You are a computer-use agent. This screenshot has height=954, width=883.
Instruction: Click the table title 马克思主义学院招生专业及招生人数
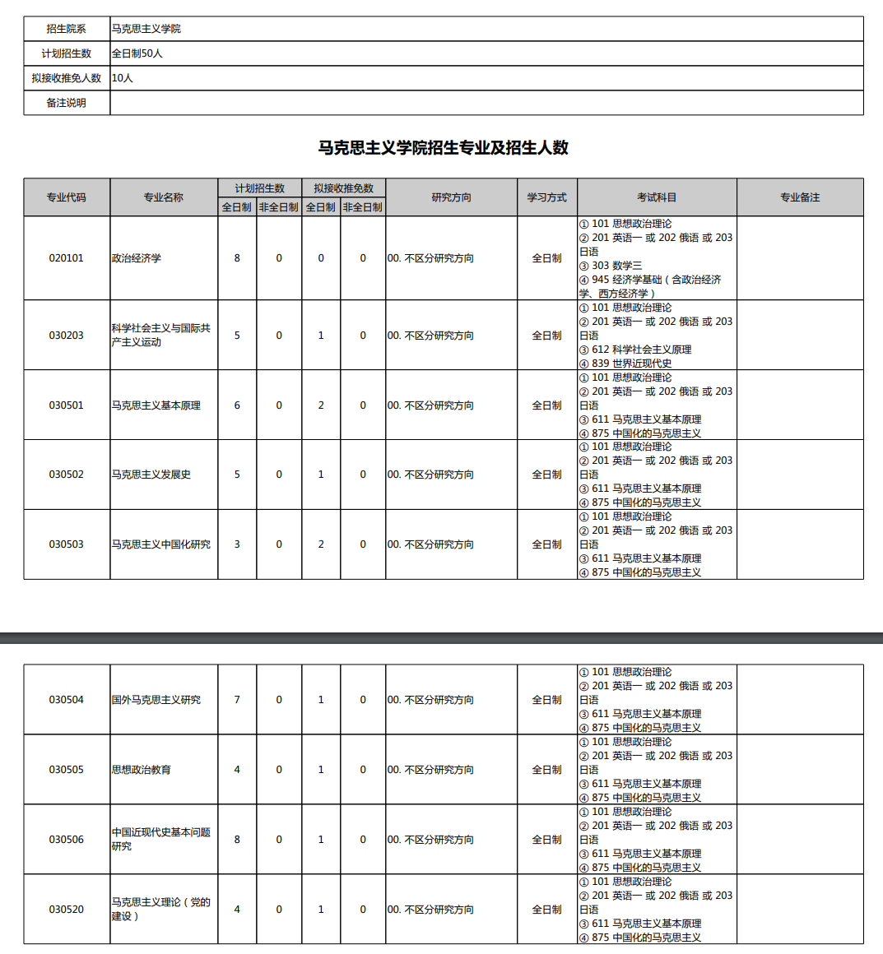click(x=443, y=148)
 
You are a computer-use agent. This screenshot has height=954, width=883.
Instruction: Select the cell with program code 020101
click(x=66, y=258)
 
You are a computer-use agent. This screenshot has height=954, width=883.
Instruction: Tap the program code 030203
click(x=66, y=336)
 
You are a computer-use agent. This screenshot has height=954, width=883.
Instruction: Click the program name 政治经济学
click(x=137, y=258)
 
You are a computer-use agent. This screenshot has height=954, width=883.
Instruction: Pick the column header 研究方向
click(x=451, y=197)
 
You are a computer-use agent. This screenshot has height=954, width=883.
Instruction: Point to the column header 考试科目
click(x=657, y=197)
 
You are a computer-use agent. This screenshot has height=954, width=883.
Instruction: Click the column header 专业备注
click(x=800, y=197)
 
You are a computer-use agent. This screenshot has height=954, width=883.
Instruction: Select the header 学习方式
click(x=547, y=197)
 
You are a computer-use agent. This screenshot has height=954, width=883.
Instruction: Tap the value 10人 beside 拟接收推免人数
click(x=123, y=78)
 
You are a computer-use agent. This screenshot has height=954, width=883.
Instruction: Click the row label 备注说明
click(x=66, y=103)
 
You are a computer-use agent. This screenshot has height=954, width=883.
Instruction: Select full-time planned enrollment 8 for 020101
click(x=237, y=258)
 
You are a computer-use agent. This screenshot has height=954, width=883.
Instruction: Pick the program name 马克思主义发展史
click(x=151, y=475)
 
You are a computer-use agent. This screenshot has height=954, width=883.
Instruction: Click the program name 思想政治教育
click(x=142, y=770)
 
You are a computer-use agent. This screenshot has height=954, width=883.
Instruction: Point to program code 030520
click(x=66, y=910)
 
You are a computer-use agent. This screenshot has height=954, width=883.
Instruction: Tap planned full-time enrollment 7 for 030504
click(x=237, y=700)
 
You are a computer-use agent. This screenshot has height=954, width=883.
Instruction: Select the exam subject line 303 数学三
click(x=616, y=266)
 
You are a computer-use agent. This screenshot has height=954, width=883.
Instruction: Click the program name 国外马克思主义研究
click(x=156, y=700)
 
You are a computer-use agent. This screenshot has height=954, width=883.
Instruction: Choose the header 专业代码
click(x=66, y=197)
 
